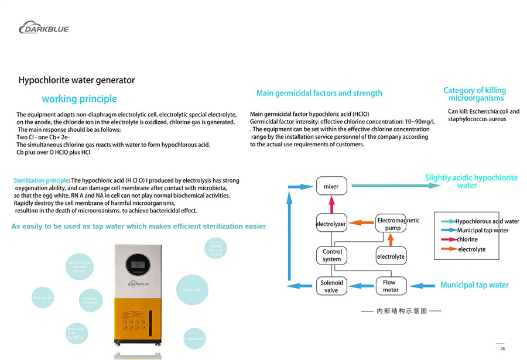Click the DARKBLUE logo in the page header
pyautogui.click(x=43, y=27)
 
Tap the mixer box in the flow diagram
pyautogui.click(x=331, y=186)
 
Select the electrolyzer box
pyautogui.click(x=331, y=224)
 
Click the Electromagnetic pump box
pyautogui.click(x=391, y=224)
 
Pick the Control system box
pyautogui.click(x=331, y=255)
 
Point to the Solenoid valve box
pyautogui.click(x=331, y=286)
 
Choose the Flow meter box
pyautogui.click(x=390, y=286)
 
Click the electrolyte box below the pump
pyautogui.click(x=391, y=256)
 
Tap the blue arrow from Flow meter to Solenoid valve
pyautogui.click(x=361, y=286)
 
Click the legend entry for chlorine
pyautogui.click(x=467, y=239)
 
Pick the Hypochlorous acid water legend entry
pyautogui.click(x=487, y=221)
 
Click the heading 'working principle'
pyautogui.click(x=79, y=99)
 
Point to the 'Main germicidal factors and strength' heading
pyautogui.click(x=319, y=93)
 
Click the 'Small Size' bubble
pyautogui.click(x=192, y=289)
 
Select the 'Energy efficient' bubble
pyautogui.click(x=90, y=300)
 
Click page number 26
pyautogui.click(x=502, y=348)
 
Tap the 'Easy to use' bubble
pyautogui.click(x=43, y=297)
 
